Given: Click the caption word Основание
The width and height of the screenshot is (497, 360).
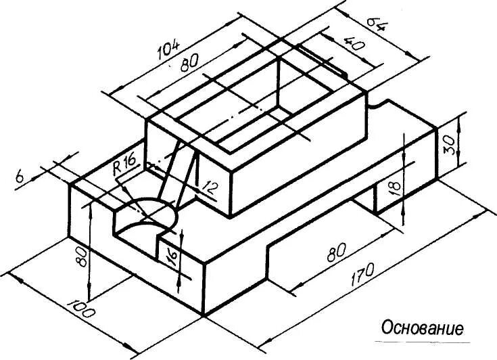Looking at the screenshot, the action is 423,329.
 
